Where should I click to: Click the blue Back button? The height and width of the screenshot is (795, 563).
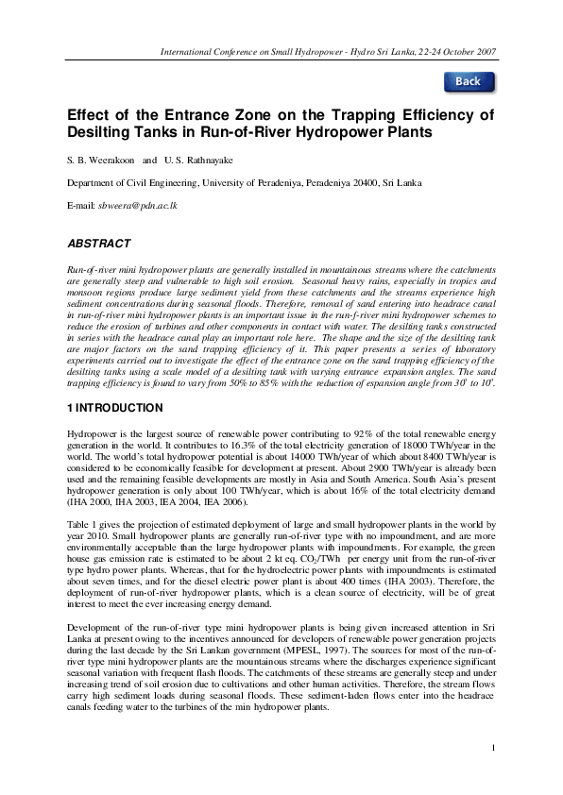click(x=469, y=81)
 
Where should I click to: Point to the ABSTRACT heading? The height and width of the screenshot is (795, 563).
click(x=98, y=243)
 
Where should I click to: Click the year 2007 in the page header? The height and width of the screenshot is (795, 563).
click(x=486, y=51)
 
